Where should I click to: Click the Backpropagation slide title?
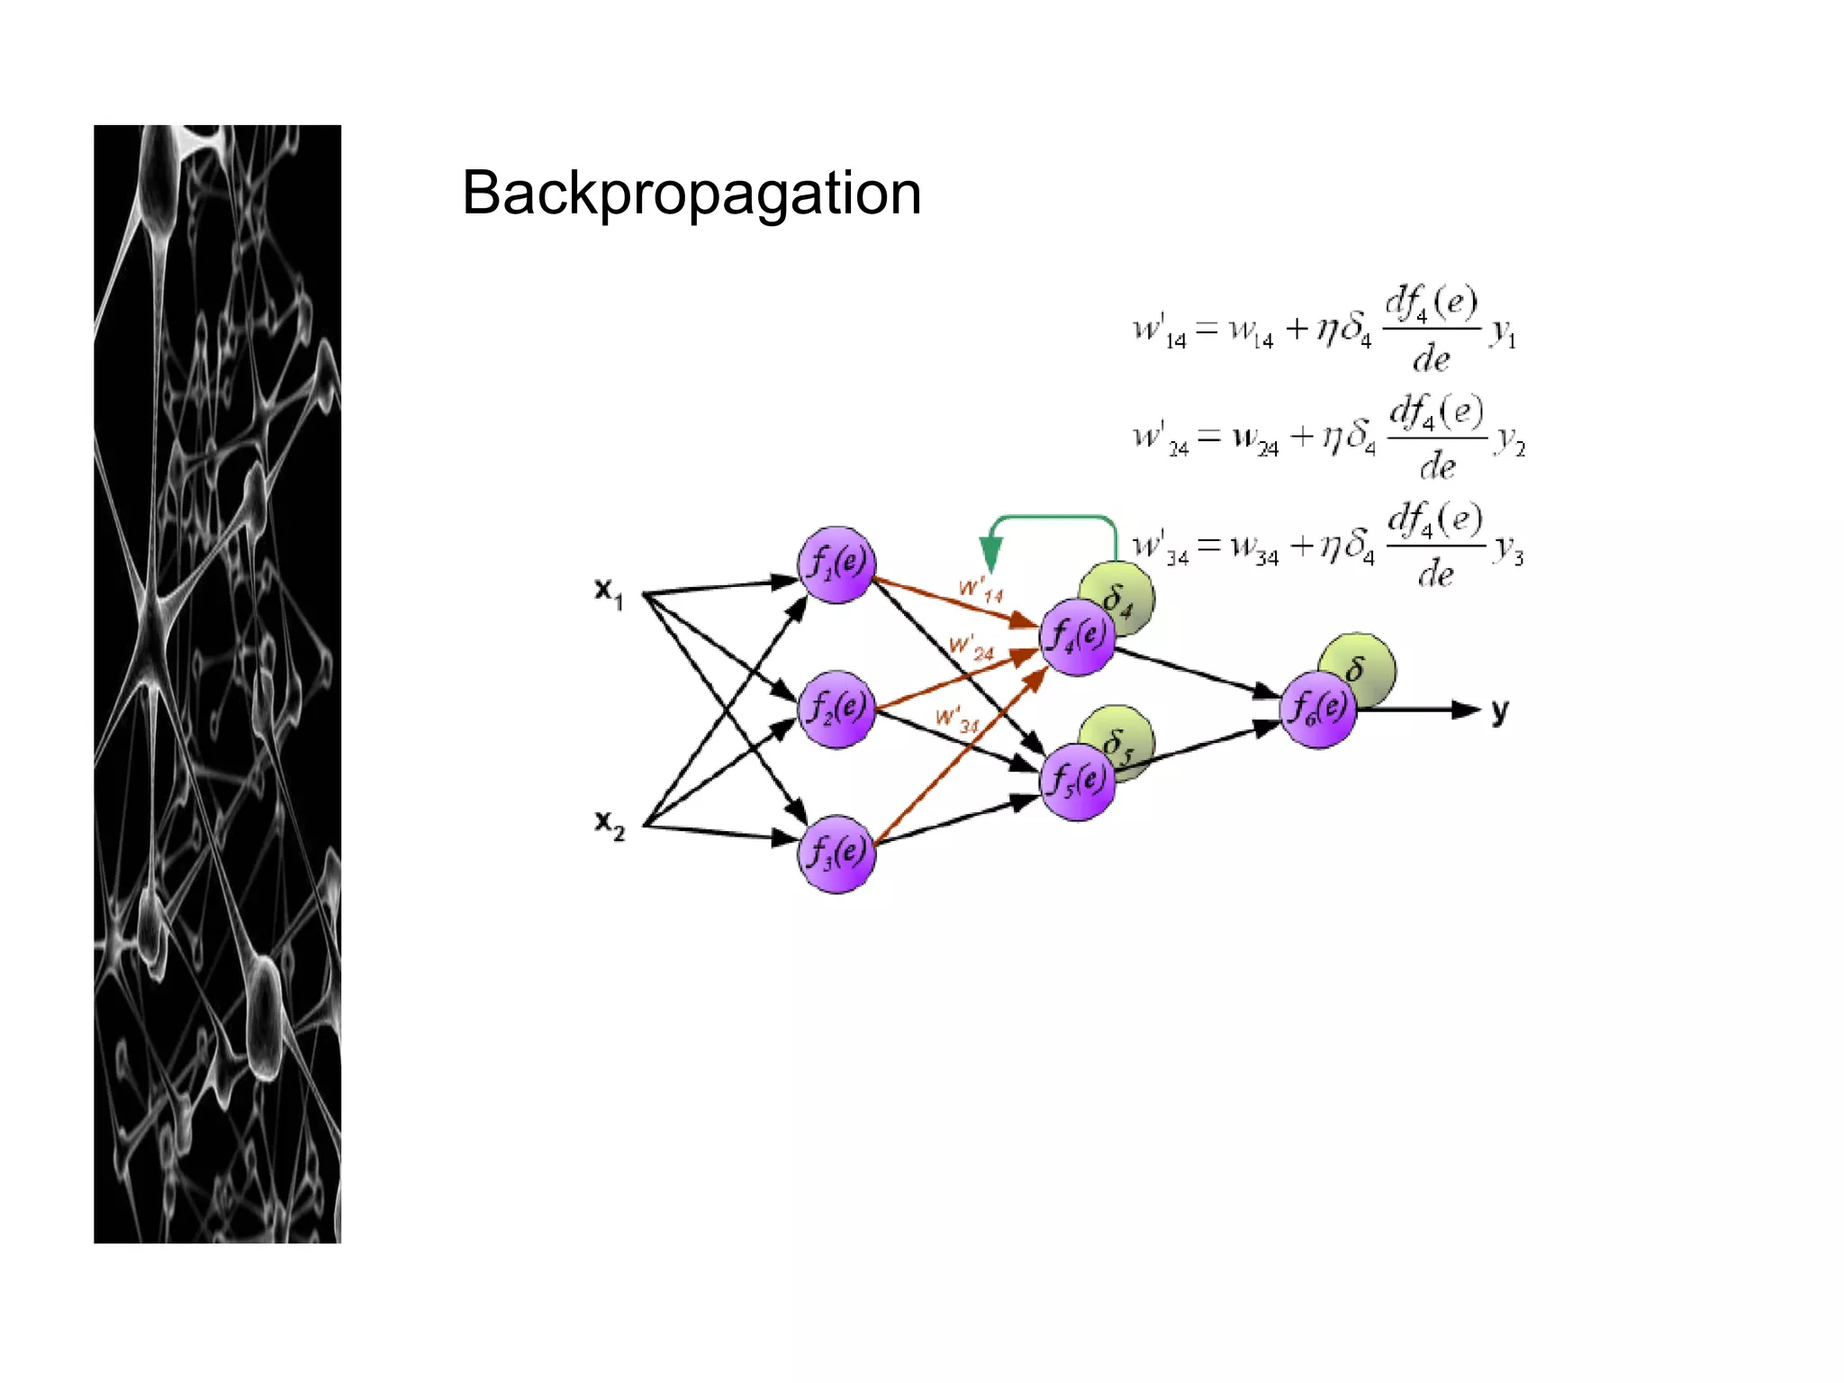click(691, 194)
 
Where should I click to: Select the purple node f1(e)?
click(836, 565)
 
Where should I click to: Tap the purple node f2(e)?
click(836, 709)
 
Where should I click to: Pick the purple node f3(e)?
click(836, 854)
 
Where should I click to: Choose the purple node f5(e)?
click(1077, 782)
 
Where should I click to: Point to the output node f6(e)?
click(1317, 710)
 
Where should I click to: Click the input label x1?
click(609, 592)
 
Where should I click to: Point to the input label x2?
click(609, 824)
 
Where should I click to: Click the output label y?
click(1499, 711)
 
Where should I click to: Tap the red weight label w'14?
click(981, 591)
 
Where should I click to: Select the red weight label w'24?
click(972, 647)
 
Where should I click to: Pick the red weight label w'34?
click(957, 720)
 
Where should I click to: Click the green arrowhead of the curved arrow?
click(991, 551)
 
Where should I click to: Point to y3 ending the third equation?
click(1509, 551)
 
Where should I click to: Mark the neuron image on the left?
click(217, 684)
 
